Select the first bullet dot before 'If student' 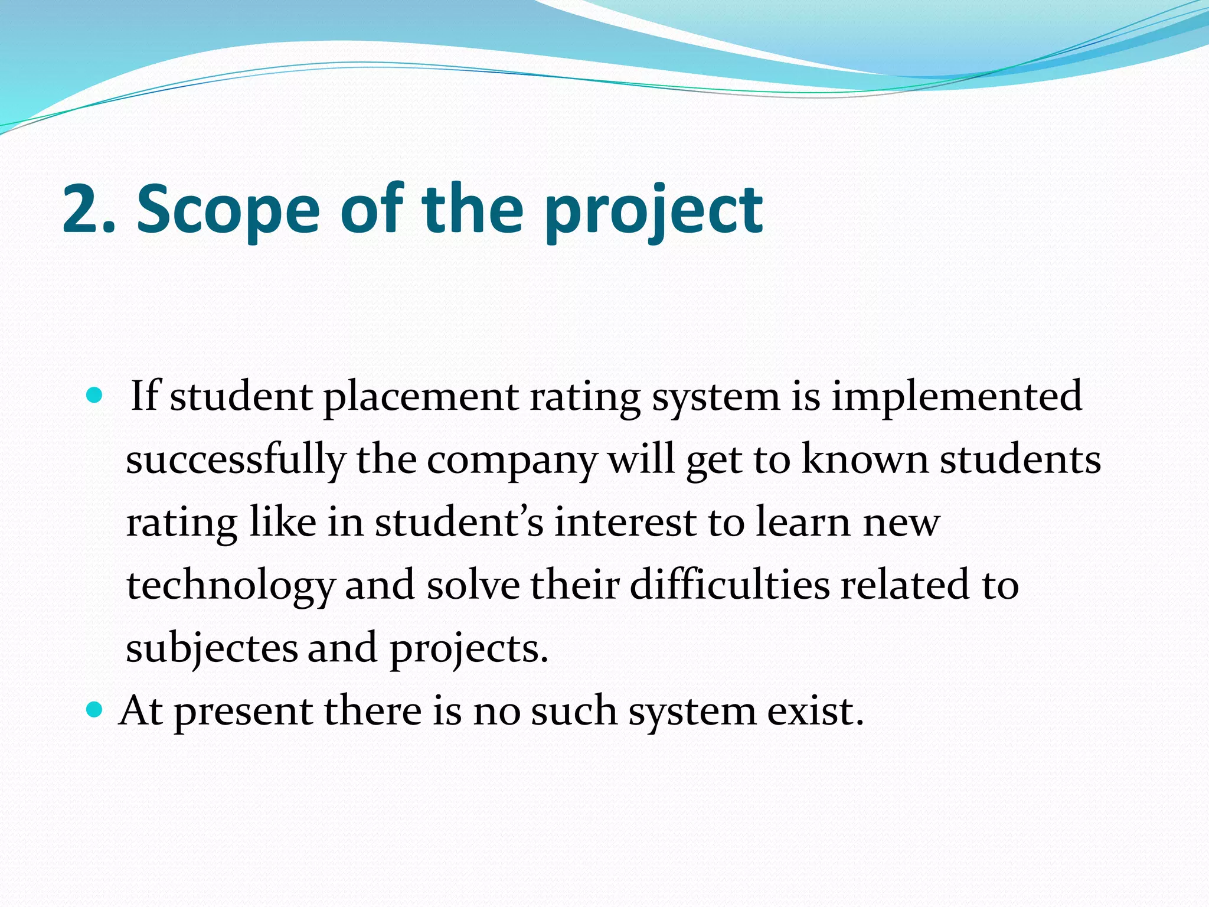94,395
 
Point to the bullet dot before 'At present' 94,709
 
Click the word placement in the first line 421,397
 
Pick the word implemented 956,397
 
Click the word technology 231,586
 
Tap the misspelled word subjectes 212,648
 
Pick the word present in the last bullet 243,712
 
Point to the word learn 803,523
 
